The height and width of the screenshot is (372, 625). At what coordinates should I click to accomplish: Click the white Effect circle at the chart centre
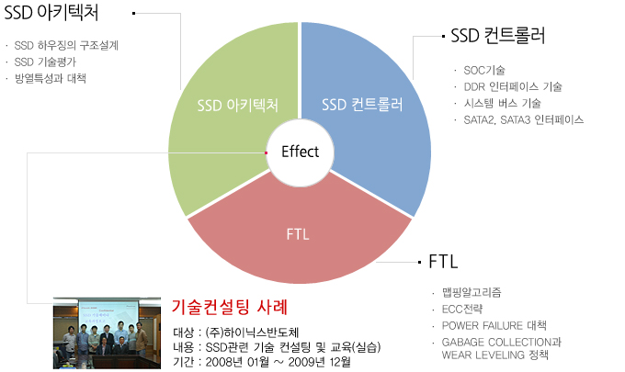pos(300,152)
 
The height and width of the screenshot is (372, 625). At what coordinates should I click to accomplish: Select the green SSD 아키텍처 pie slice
pos(223,131)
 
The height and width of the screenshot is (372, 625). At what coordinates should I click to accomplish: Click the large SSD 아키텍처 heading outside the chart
pos(51,13)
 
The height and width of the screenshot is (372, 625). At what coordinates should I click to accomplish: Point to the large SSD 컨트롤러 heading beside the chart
pos(498,36)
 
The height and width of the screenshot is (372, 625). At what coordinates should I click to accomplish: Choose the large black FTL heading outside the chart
pos(443,262)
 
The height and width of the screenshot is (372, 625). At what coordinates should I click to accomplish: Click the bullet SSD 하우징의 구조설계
pos(66,45)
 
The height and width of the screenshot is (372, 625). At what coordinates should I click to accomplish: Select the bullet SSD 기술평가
pos(45,62)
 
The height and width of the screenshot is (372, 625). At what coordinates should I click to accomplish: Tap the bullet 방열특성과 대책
pos(51,78)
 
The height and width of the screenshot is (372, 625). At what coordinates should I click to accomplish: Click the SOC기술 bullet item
pos(484,71)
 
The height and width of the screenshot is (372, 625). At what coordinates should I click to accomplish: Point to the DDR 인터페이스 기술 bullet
pos(513,87)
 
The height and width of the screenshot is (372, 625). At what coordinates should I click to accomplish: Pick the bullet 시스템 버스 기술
pos(502,104)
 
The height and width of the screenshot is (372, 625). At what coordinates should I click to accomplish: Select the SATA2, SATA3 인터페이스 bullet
pos(523,120)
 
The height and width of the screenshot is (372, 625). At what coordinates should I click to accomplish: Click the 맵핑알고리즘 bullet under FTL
pos(472,293)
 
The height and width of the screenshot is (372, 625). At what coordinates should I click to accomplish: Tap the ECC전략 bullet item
pos(462,309)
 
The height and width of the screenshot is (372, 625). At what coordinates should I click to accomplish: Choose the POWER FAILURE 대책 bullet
pos(494,326)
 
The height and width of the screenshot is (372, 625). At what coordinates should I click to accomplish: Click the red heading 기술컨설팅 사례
pos(230,307)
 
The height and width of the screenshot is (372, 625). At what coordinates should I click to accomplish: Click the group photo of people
pos(107,333)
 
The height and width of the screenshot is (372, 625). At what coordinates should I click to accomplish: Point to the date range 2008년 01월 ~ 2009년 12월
pos(278,362)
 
